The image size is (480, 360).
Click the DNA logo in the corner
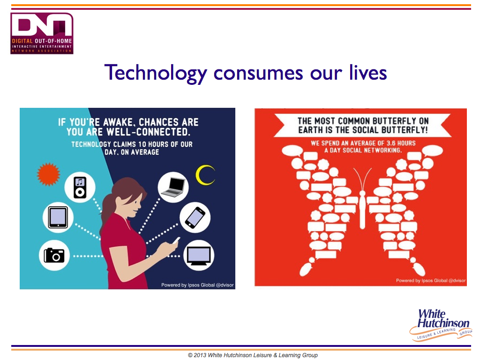point(42,33)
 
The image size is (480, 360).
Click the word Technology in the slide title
point(156,73)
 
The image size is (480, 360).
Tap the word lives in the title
point(368,73)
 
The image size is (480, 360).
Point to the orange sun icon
point(48,174)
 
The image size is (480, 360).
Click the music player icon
point(80,187)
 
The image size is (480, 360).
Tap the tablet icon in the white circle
point(58,217)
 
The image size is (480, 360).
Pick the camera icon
point(54,255)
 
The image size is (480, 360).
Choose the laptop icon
point(173,187)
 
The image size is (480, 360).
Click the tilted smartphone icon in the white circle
point(195,217)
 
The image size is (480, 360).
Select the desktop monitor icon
point(199,256)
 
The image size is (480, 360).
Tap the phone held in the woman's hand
point(176,240)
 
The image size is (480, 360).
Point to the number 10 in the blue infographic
point(142,144)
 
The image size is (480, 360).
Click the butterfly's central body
point(362,210)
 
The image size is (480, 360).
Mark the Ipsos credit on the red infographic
point(431,280)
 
